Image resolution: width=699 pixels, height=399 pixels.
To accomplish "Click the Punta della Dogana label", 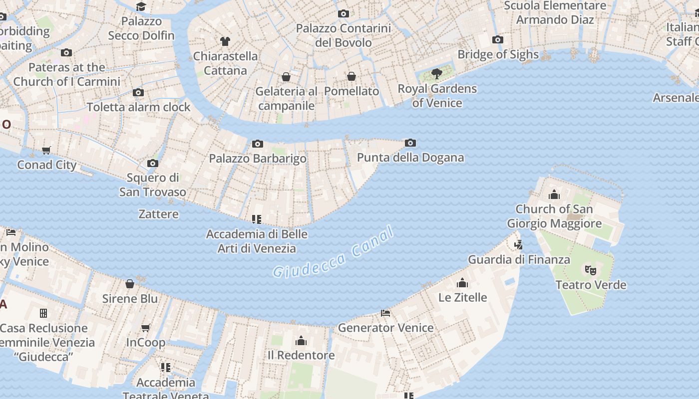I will click(410, 158).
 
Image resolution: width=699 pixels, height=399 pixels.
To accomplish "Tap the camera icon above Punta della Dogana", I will click(410, 143).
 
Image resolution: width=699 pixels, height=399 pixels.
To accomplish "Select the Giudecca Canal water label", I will click(334, 252).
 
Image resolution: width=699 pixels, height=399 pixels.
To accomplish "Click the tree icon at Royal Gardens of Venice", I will click(437, 74).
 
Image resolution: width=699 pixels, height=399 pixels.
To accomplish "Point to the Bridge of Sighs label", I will click(498, 54).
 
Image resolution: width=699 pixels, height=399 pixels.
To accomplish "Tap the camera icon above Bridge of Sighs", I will click(497, 40).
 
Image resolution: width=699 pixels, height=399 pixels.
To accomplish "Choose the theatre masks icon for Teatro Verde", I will click(591, 270).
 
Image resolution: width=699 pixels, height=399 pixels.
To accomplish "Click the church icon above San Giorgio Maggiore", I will click(554, 195).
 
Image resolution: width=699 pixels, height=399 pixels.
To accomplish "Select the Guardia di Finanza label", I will click(519, 259).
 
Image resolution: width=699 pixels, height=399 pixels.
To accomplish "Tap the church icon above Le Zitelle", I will click(462, 283).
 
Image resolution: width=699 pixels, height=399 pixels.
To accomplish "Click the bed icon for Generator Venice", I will click(385, 313).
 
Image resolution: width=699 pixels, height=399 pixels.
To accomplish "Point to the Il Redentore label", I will click(301, 355).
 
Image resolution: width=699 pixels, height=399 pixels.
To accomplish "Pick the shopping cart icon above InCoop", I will click(146, 328).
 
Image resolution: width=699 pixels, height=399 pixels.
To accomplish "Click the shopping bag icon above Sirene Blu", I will click(130, 284).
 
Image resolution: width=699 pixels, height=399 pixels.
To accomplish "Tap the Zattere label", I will click(158, 214).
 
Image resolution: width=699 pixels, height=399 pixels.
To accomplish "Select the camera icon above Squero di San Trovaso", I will click(153, 164).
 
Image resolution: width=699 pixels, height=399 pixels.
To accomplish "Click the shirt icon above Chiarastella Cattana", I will click(225, 41).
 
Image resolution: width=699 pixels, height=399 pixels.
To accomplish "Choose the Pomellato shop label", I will click(351, 91).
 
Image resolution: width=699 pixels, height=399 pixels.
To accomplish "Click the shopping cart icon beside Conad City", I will click(46, 151).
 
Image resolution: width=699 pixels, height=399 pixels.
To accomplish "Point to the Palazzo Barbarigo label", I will click(258, 159).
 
